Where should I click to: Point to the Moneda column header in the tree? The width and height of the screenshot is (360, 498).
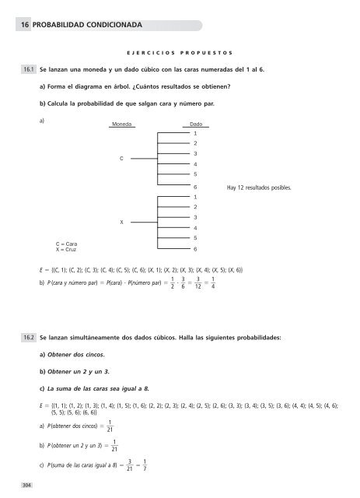point(121,124)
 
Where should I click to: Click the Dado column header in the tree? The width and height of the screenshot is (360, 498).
point(196,124)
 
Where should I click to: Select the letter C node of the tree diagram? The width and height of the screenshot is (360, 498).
point(121,159)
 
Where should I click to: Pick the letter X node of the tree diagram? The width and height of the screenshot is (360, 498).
point(121,223)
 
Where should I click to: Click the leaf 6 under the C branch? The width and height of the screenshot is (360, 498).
point(195,188)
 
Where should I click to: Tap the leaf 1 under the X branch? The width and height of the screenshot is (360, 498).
point(195,198)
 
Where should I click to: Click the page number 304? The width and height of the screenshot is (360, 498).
point(27,485)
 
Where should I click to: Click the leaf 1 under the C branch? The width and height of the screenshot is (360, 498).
point(195,134)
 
